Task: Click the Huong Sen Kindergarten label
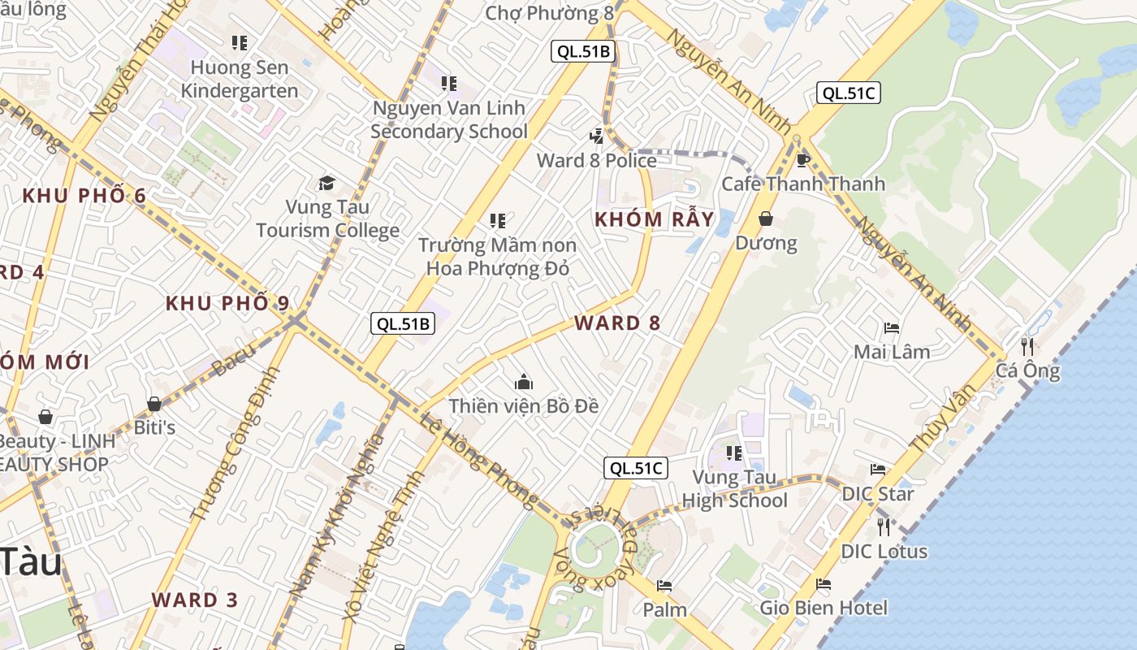[239, 79]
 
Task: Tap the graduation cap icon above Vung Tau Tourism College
[326, 183]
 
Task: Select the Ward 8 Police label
[596, 160]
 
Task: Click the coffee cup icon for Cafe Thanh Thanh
[803, 159]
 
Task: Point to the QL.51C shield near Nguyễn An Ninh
[848, 93]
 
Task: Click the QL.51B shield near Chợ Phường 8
[582, 51]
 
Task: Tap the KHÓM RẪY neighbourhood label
[654, 219]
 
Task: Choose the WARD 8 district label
[617, 323]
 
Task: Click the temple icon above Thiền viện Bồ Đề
[524, 381]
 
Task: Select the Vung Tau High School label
[734, 488]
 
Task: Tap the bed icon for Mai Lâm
[891, 328]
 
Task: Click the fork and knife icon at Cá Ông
[1027, 347]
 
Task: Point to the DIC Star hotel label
[877, 493]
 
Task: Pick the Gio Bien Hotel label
[824, 607]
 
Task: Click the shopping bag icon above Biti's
[154, 403]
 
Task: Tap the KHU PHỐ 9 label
[227, 303]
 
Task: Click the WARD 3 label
[195, 600]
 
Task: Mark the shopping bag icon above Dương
[766, 219]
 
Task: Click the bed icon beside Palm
[664, 586]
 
